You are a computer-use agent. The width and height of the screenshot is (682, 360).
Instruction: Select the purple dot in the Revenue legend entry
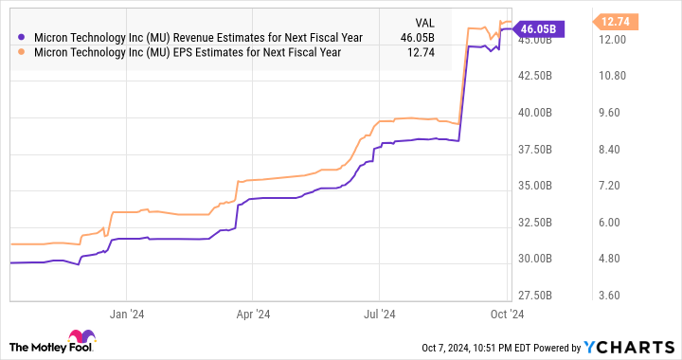coord(22,37)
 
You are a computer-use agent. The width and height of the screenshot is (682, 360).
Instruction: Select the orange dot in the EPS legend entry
coord(22,52)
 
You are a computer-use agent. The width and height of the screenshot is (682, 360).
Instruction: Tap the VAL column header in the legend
coord(426,20)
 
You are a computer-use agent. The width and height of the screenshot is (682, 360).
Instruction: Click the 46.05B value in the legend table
coord(418,37)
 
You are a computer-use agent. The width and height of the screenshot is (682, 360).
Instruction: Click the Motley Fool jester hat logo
coord(78,338)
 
